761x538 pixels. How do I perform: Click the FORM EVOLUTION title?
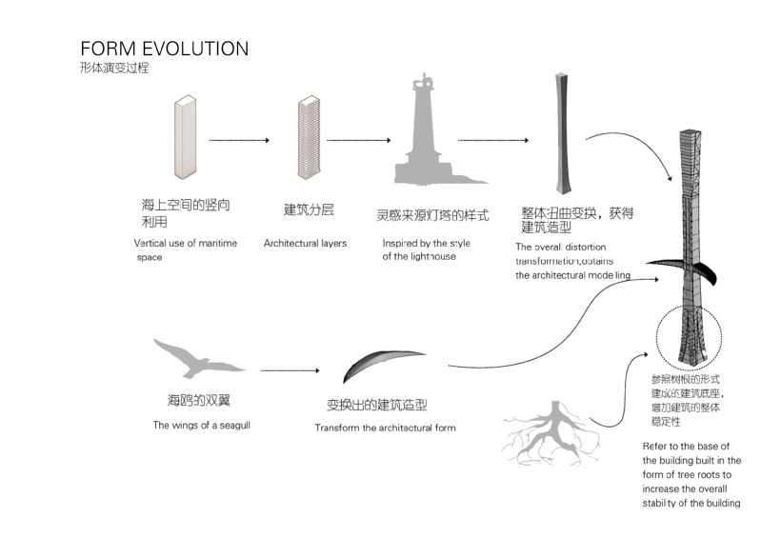pyautogui.click(x=164, y=49)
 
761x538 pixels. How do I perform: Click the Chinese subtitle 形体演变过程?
pyautogui.click(x=115, y=69)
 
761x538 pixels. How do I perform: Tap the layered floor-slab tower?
pyautogui.click(x=307, y=136)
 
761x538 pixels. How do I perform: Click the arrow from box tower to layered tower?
pyautogui.click(x=238, y=140)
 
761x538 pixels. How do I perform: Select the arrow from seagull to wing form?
pyautogui.click(x=290, y=369)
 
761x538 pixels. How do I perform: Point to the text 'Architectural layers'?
pyautogui.click(x=305, y=244)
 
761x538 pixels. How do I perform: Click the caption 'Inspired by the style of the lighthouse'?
pyautogui.click(x=426, y=249)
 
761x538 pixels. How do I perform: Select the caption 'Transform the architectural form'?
pyautogui.click(x=385, y=428)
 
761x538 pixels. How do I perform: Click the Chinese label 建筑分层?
pyautogui.click(x=308, y=209)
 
